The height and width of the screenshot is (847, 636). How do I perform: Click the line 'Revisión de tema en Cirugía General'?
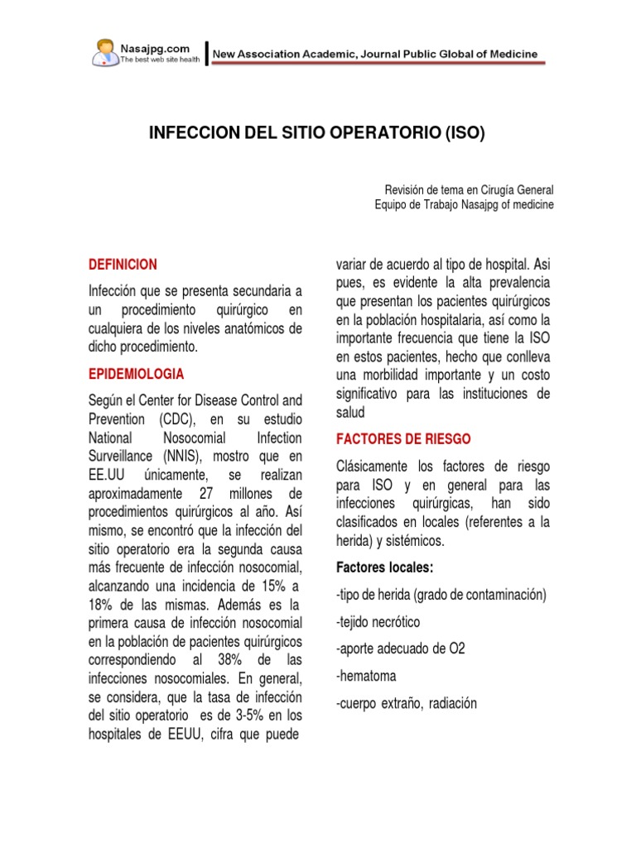click(470, 189)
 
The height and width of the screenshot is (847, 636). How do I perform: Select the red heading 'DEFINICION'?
click(123, 265)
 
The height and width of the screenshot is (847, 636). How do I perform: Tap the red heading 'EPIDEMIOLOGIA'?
click(137, 374)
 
